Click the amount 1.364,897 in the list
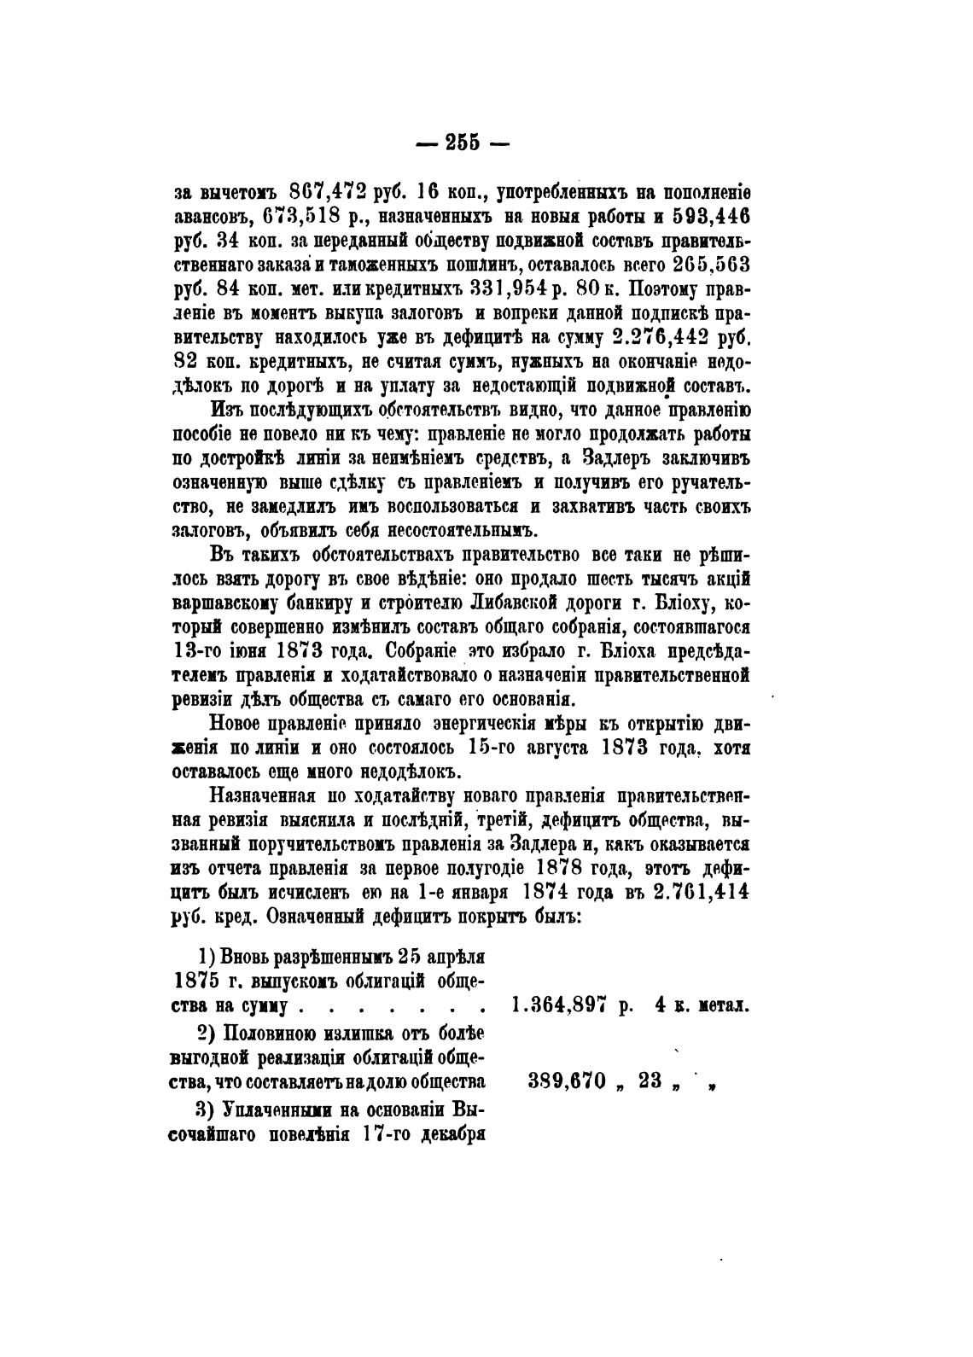point(557,1005)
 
